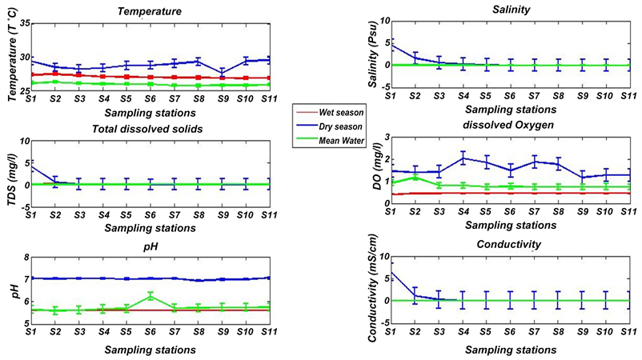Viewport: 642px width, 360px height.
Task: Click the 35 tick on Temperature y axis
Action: pos(22,24)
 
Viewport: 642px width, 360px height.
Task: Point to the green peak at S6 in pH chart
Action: pos(150,296)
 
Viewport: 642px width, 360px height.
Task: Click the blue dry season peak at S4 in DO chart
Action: pos(463,158)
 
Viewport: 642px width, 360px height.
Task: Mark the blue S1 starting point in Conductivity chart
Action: pos(391,272)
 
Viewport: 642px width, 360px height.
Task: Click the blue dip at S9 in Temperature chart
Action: pos(222,73)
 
